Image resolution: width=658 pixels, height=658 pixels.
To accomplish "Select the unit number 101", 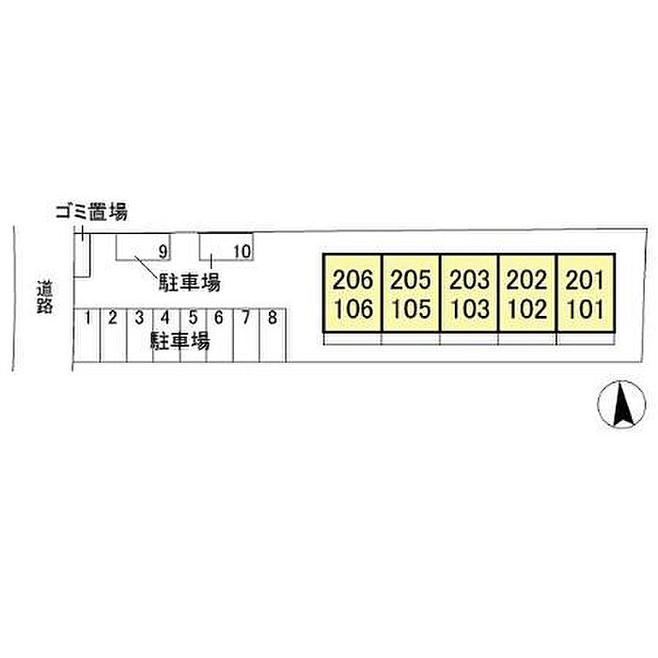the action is click(x=585, y=309).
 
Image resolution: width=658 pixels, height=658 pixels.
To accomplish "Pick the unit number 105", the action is click(x=412, y=309).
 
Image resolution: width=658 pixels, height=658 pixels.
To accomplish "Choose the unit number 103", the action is click(x=470, y=309).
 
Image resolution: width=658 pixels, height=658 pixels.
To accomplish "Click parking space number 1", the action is click(x=87, y=318).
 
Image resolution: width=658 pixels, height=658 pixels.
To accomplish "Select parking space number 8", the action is click(x=273, y=318).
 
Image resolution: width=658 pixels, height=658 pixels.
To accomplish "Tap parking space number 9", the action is click(x=163, y=252).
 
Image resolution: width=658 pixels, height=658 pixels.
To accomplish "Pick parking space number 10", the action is click(x=243, y=252).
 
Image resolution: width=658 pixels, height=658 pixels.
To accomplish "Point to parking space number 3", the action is click(x=139, y=318).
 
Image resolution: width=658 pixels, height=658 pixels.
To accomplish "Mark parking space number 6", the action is click(x=219, y=318).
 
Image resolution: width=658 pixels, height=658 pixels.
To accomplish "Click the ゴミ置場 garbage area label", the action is click(x=91, y=211).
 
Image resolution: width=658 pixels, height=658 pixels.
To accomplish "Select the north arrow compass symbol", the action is click(x=621, y=404).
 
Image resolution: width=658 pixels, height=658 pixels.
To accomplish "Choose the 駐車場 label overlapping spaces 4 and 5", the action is click(x=180, y=341).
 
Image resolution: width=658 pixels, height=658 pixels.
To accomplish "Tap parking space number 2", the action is click(x=113, y=318).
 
